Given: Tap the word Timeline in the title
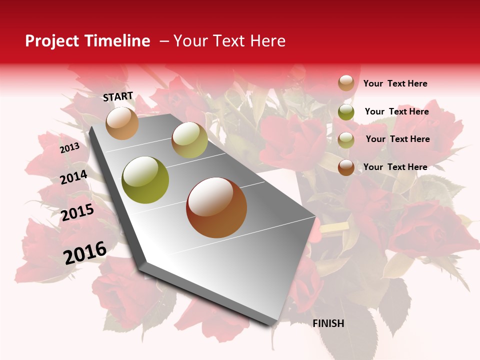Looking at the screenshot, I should (x=118, y=41).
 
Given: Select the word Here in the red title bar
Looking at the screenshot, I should (x=267, y=41).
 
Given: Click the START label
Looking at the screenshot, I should (x=118, y=96).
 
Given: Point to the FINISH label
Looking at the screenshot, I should (x=328, y=323).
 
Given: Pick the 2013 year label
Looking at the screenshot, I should (x=69, y=148).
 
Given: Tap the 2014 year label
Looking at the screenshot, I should (x=73, y=177).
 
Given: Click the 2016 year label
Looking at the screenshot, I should (x=85, y=252).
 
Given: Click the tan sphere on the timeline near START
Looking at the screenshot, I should (x=122, y=123).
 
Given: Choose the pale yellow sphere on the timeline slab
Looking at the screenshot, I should (x=189, y=140).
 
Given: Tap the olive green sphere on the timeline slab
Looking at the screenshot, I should (x=145, y=180).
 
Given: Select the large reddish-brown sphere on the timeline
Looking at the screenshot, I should (x=216, y=207).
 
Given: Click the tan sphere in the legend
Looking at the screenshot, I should (x=346, y=83).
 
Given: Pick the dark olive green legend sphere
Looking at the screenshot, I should (x=346, y=112).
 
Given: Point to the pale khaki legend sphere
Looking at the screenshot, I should (x=346, y=140).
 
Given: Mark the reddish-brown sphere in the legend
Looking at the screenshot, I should (x=346, y=167).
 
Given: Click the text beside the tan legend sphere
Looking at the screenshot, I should (x=395, y=83).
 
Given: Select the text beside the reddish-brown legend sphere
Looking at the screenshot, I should (x=395, y=167).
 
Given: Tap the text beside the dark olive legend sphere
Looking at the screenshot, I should (x=396, y=111).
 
